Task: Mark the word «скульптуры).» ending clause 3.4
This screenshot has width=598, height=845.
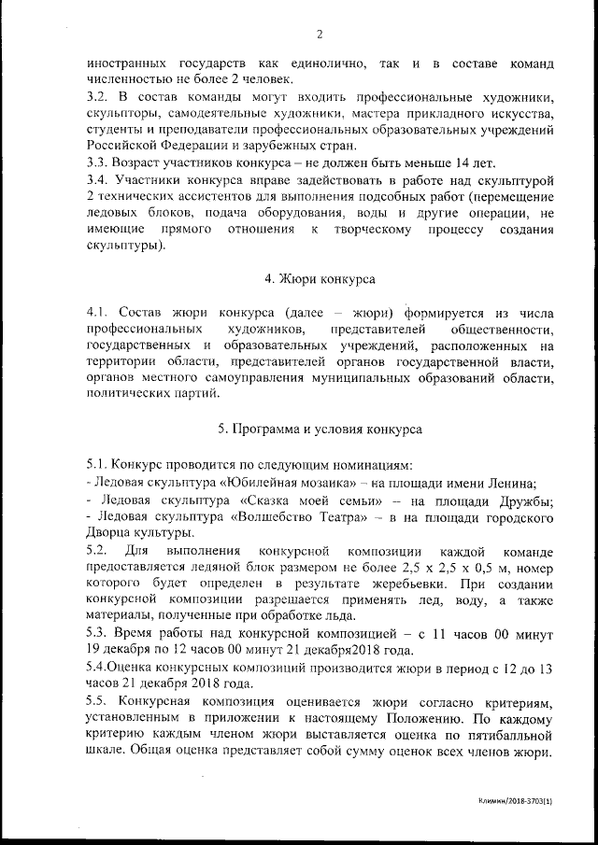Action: [x=128, y=246]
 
